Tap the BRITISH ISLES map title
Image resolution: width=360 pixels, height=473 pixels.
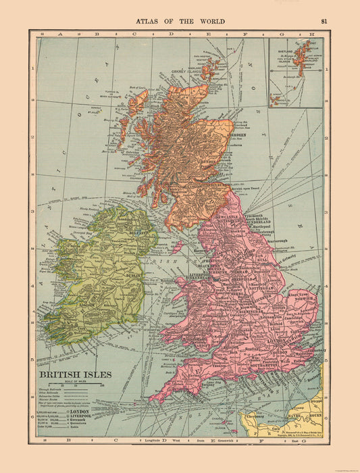point(71,372)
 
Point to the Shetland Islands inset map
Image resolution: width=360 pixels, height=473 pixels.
point(295,72)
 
